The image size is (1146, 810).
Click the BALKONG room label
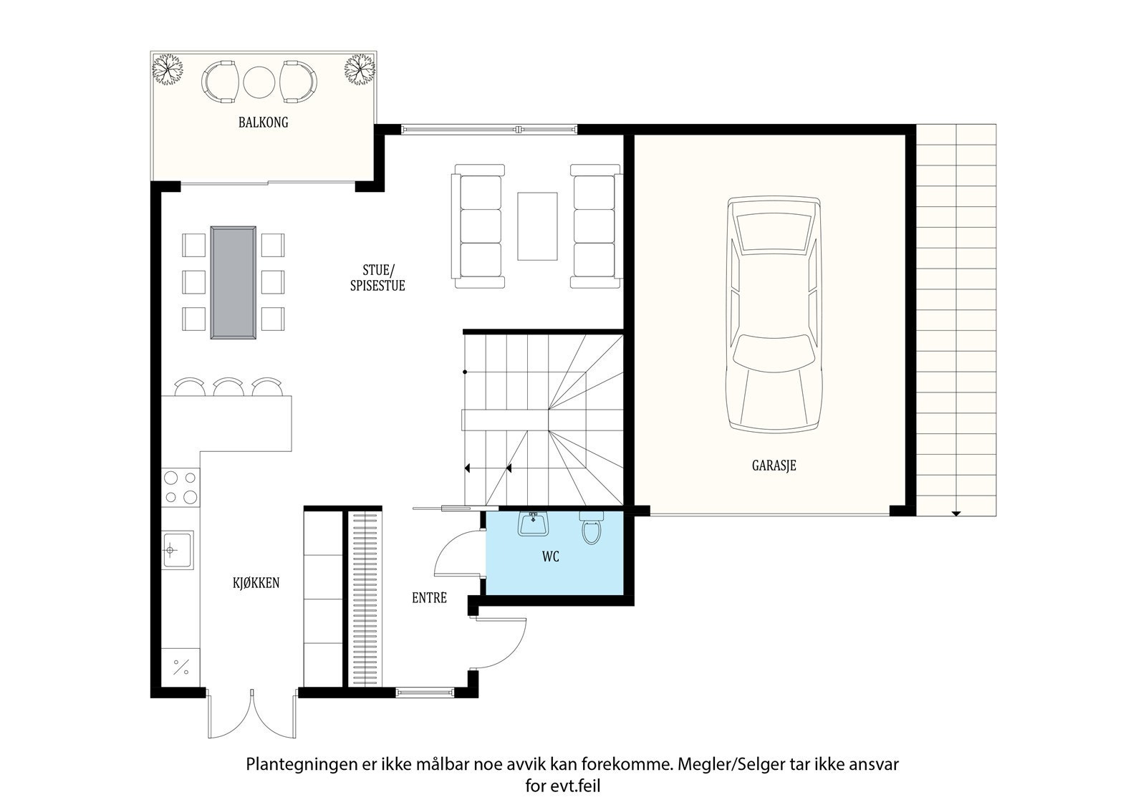(263, 122)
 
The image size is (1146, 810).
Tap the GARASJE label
(774, 466)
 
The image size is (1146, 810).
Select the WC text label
(551, 556)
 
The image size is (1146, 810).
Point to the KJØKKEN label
(256, 582)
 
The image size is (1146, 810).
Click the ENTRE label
(429, 597)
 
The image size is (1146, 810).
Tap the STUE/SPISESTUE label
(377, 278)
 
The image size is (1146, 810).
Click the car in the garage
(774, 314)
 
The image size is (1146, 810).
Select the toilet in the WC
(591, 527)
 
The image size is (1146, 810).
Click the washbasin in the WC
(533, 523)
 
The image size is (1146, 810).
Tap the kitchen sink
(178, 550)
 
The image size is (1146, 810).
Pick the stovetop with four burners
(180, 488)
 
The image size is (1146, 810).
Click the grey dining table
(233, 283)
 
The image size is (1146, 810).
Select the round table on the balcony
(259, 83)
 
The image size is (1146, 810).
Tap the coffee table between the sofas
(537, 226)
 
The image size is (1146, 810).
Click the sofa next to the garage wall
(596, 226)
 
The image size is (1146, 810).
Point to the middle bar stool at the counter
(228, 386)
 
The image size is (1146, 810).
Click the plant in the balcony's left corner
(168, 69)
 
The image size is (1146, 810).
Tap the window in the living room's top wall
(490, 130)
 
